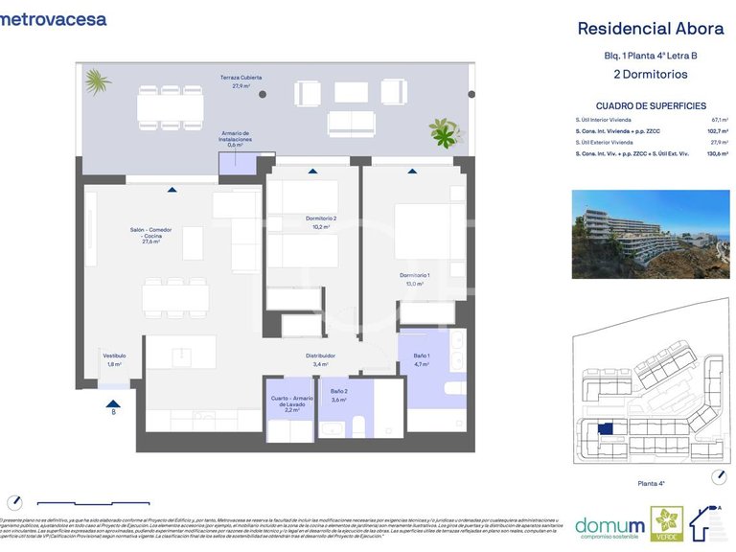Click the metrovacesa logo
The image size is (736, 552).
pos(54,19)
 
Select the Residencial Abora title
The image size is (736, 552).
pos(650,29)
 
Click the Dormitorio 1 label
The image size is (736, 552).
pos(414,280)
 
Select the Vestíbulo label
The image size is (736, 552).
pos(114,359)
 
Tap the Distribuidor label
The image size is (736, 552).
pos(320,359)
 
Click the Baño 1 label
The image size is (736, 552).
pos(421,360)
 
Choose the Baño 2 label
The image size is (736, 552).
pos(338,395)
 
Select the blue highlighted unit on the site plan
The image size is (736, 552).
pos(605,429)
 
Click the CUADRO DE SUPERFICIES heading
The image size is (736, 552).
pos(651,106)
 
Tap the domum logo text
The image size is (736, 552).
pos(609,524)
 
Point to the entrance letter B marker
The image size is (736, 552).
pos(114,412)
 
